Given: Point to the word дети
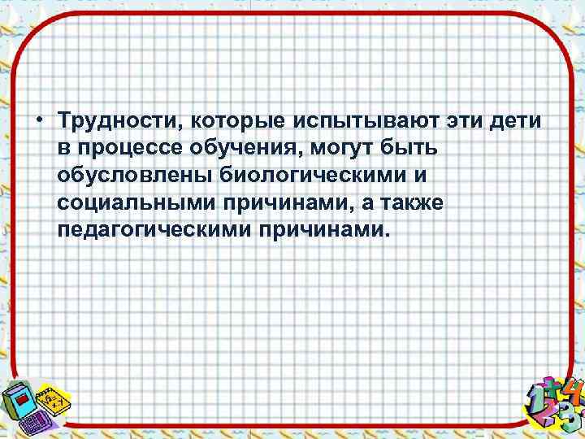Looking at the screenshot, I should [517, 121].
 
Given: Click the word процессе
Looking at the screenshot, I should [132, 149].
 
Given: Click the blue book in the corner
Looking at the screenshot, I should [20, 398].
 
